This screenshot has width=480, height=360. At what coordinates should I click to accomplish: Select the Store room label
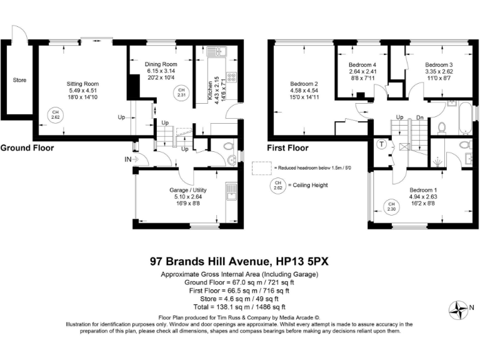19,80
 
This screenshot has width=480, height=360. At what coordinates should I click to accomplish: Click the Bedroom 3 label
439,64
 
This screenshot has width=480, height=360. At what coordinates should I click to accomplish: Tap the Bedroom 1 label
423,190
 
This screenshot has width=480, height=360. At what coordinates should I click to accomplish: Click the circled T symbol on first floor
381,144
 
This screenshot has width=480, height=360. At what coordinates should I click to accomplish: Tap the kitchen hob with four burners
231,78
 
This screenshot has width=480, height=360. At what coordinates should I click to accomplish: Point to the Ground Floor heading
27,148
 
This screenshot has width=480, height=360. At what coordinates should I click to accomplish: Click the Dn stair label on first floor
420,117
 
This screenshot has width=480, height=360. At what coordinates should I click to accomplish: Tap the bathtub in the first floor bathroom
464,119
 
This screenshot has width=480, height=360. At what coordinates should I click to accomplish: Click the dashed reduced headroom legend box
262,169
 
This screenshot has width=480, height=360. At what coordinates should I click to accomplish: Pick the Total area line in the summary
240,307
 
